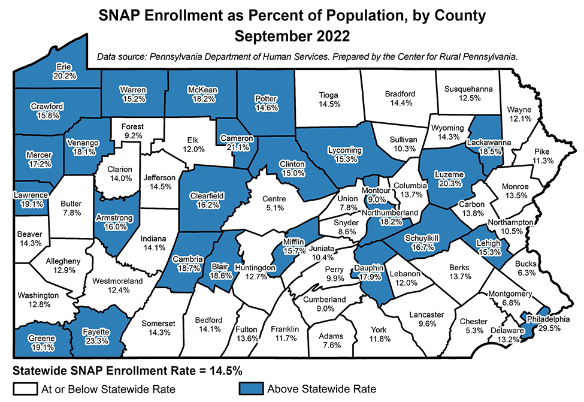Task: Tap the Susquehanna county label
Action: [468, 89]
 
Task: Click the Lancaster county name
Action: [426, 315]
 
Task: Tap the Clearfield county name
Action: [205, 195]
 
